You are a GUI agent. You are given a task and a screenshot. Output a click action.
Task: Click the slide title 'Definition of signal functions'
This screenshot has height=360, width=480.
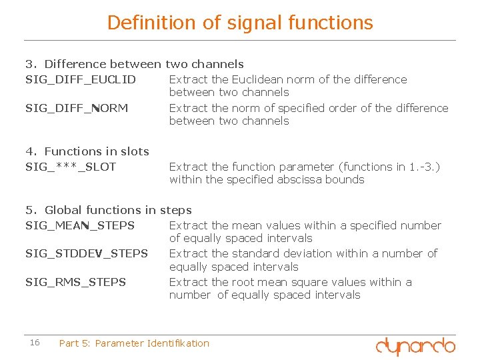240,23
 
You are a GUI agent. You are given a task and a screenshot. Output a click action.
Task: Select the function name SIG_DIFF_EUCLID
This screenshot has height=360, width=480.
81,80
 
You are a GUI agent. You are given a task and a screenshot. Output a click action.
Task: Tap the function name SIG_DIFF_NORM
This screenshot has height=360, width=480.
77,108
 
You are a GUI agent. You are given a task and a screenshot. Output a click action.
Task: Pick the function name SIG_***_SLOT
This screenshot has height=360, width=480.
71,167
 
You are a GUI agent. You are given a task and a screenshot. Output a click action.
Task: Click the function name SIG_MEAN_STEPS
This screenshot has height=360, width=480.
80,225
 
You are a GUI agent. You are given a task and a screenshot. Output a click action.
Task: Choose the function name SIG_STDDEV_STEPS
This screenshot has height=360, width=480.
87,253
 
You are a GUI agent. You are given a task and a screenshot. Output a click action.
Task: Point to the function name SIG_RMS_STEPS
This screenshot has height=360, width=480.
75,282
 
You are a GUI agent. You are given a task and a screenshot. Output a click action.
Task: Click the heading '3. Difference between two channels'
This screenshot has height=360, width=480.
134,65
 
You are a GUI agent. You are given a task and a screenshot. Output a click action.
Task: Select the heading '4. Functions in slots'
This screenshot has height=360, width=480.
87,152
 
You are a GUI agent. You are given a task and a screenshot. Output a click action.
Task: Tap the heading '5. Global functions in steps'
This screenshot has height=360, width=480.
108,211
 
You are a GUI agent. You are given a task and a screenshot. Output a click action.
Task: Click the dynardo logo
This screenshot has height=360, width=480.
415,345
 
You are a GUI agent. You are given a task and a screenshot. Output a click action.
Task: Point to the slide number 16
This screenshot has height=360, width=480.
35,343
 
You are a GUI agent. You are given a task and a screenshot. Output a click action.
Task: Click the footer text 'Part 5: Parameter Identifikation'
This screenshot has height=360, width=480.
134,343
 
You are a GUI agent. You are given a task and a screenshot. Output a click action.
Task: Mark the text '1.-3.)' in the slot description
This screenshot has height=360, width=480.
425,167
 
